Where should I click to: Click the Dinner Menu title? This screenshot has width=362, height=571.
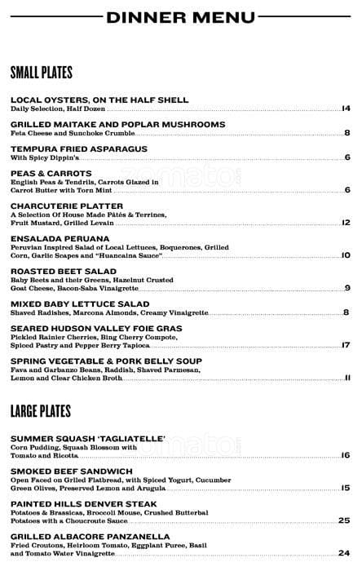click(x=181, y=17)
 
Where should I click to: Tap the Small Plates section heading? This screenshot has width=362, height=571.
click(x=42, y=72)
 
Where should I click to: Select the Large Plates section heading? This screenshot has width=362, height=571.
click(x=42, y=410)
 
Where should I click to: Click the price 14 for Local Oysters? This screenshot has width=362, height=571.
click(x=346, y=108)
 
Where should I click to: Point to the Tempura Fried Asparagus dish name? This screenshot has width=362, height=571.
click(x=79, y=149)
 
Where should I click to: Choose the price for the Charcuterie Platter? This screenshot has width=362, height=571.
click(x=346, y=222)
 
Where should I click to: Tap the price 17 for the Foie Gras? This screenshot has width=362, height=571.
click(x=346, y=344)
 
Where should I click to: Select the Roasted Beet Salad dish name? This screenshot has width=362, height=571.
click(x=64, y=271)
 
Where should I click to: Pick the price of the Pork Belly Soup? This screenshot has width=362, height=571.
click(x=347, y=377)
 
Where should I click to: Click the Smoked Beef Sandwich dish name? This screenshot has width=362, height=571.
click(x=72, y=471)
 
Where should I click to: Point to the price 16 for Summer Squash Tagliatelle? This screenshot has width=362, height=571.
click(x=346, y=455)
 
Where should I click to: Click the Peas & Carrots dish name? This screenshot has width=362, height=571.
click(x=51, y=174)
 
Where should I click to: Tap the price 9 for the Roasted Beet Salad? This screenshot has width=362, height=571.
click(x=347, y=287)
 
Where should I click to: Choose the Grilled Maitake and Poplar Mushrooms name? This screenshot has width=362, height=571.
click(x=117, y=125)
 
